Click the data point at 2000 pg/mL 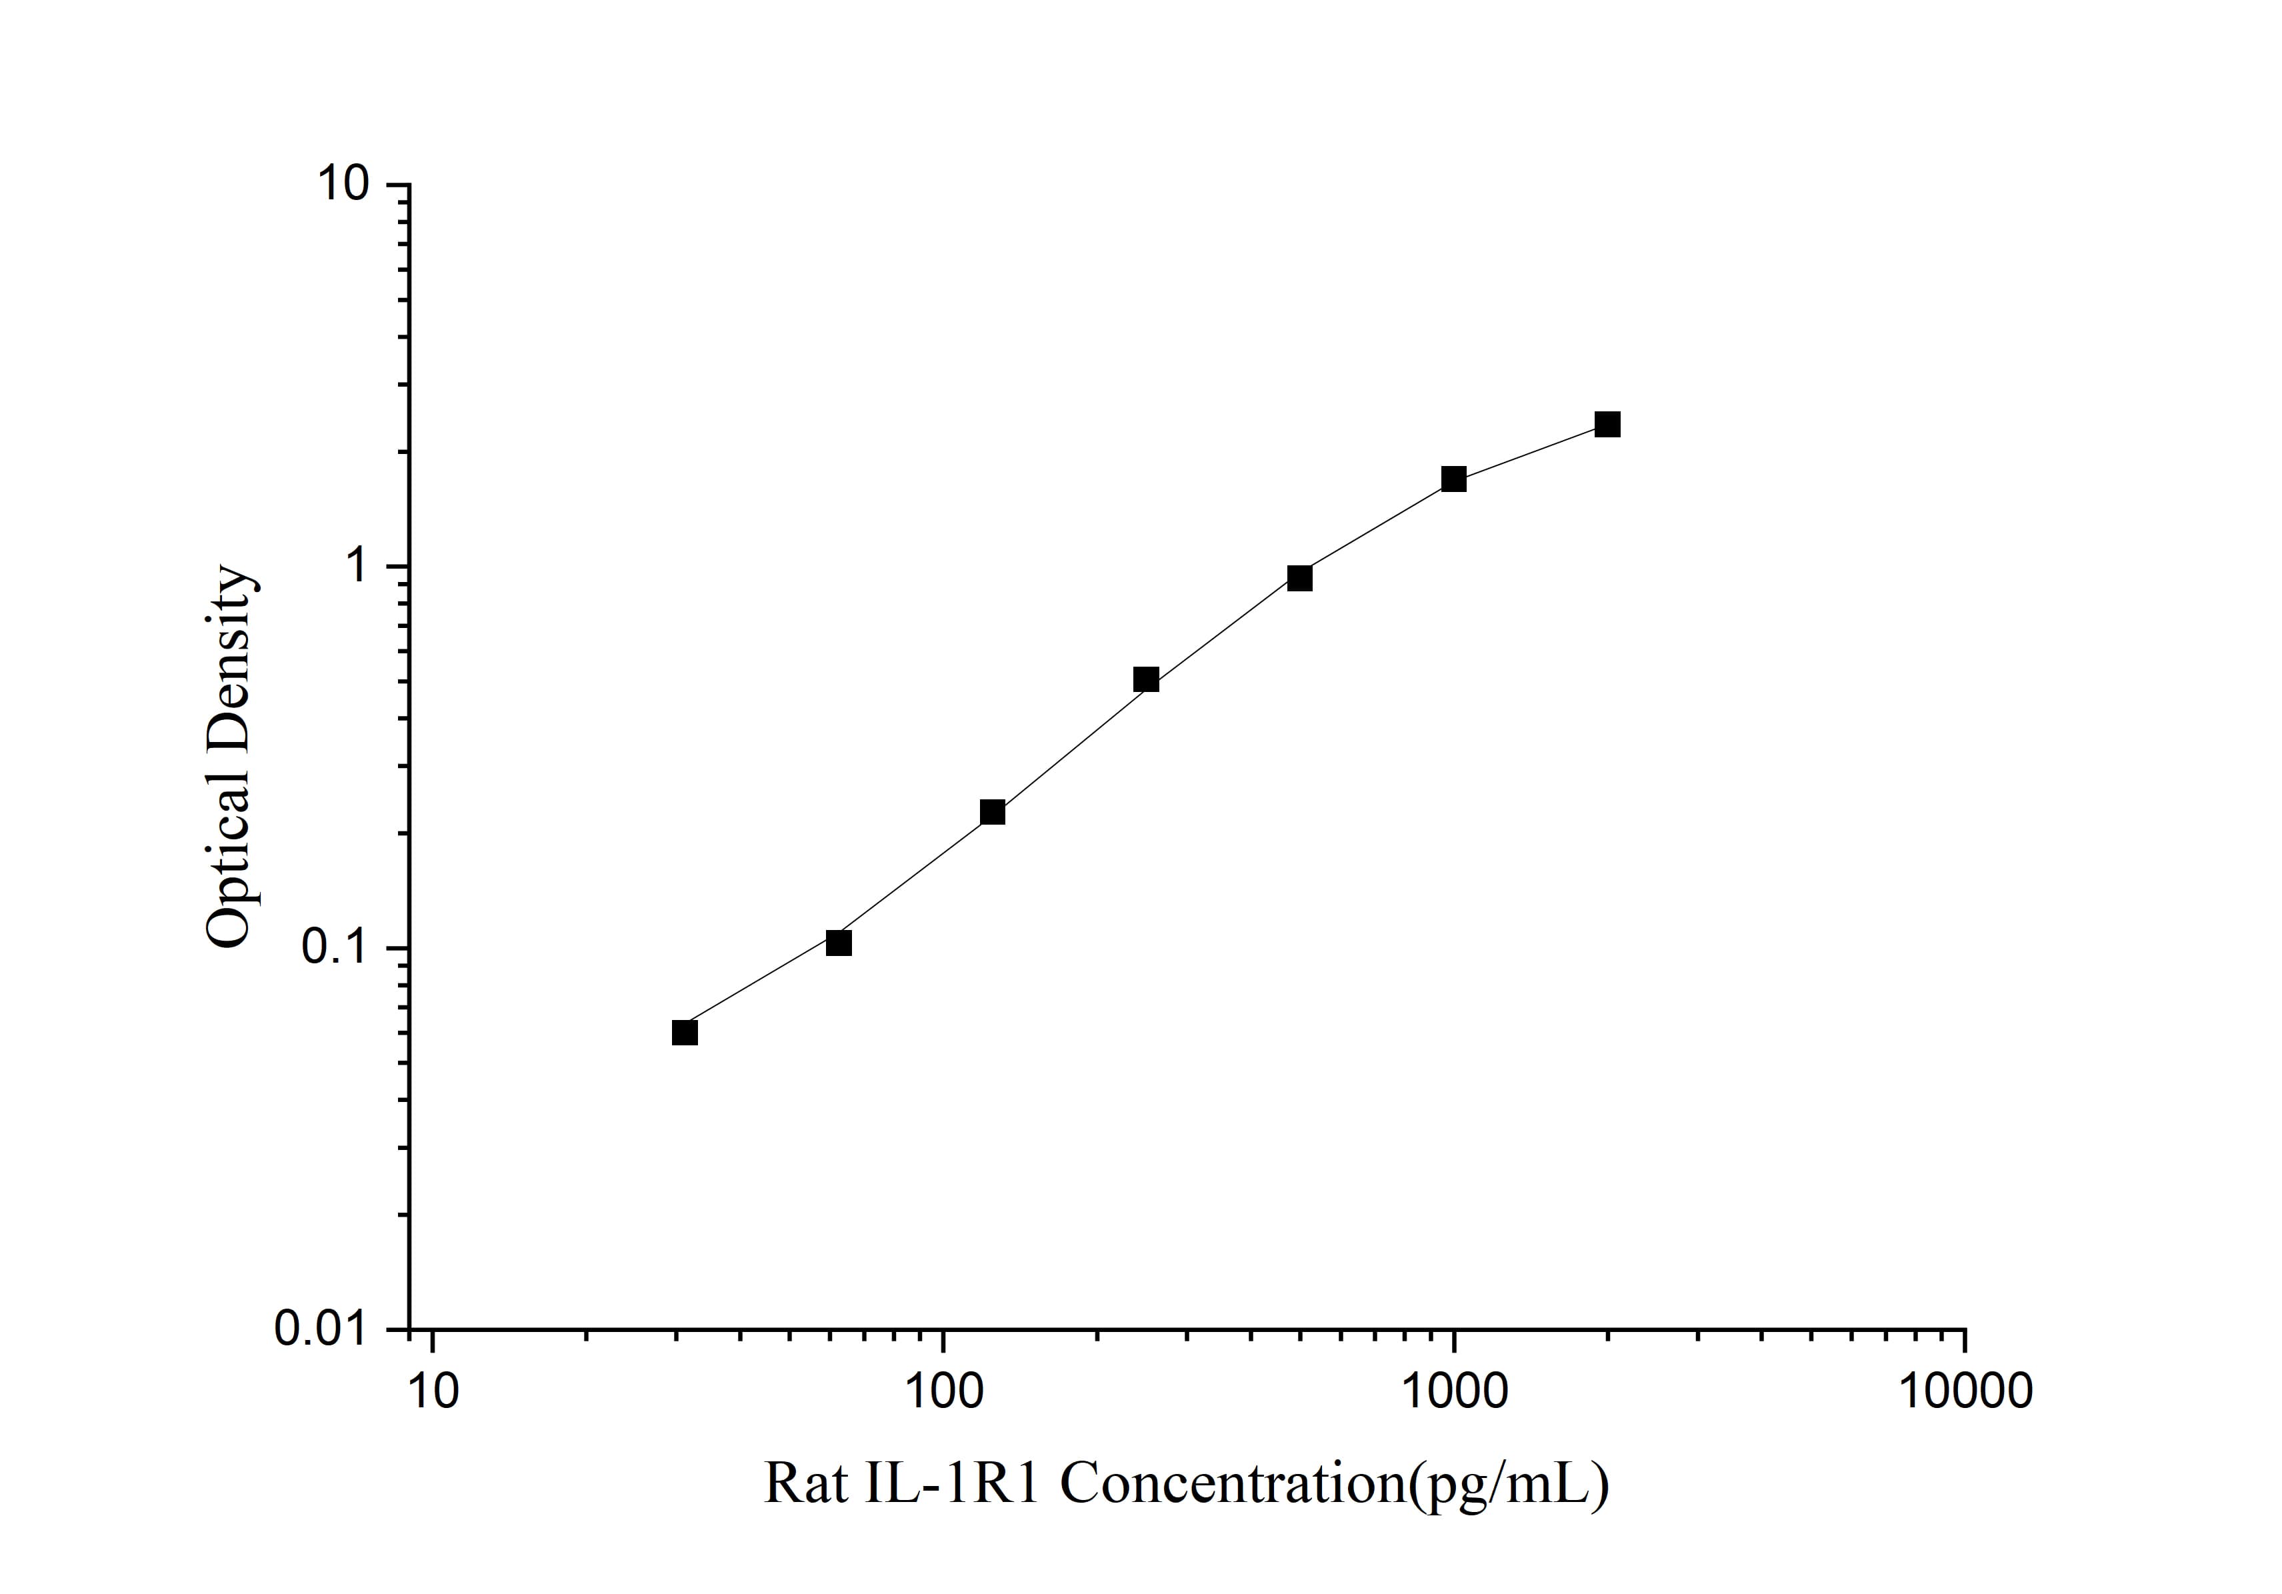1607,425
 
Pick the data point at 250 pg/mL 1146,680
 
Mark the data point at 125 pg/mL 993,813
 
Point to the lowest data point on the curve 685,1033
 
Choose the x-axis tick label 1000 1454,1391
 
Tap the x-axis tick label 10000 1965,1391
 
